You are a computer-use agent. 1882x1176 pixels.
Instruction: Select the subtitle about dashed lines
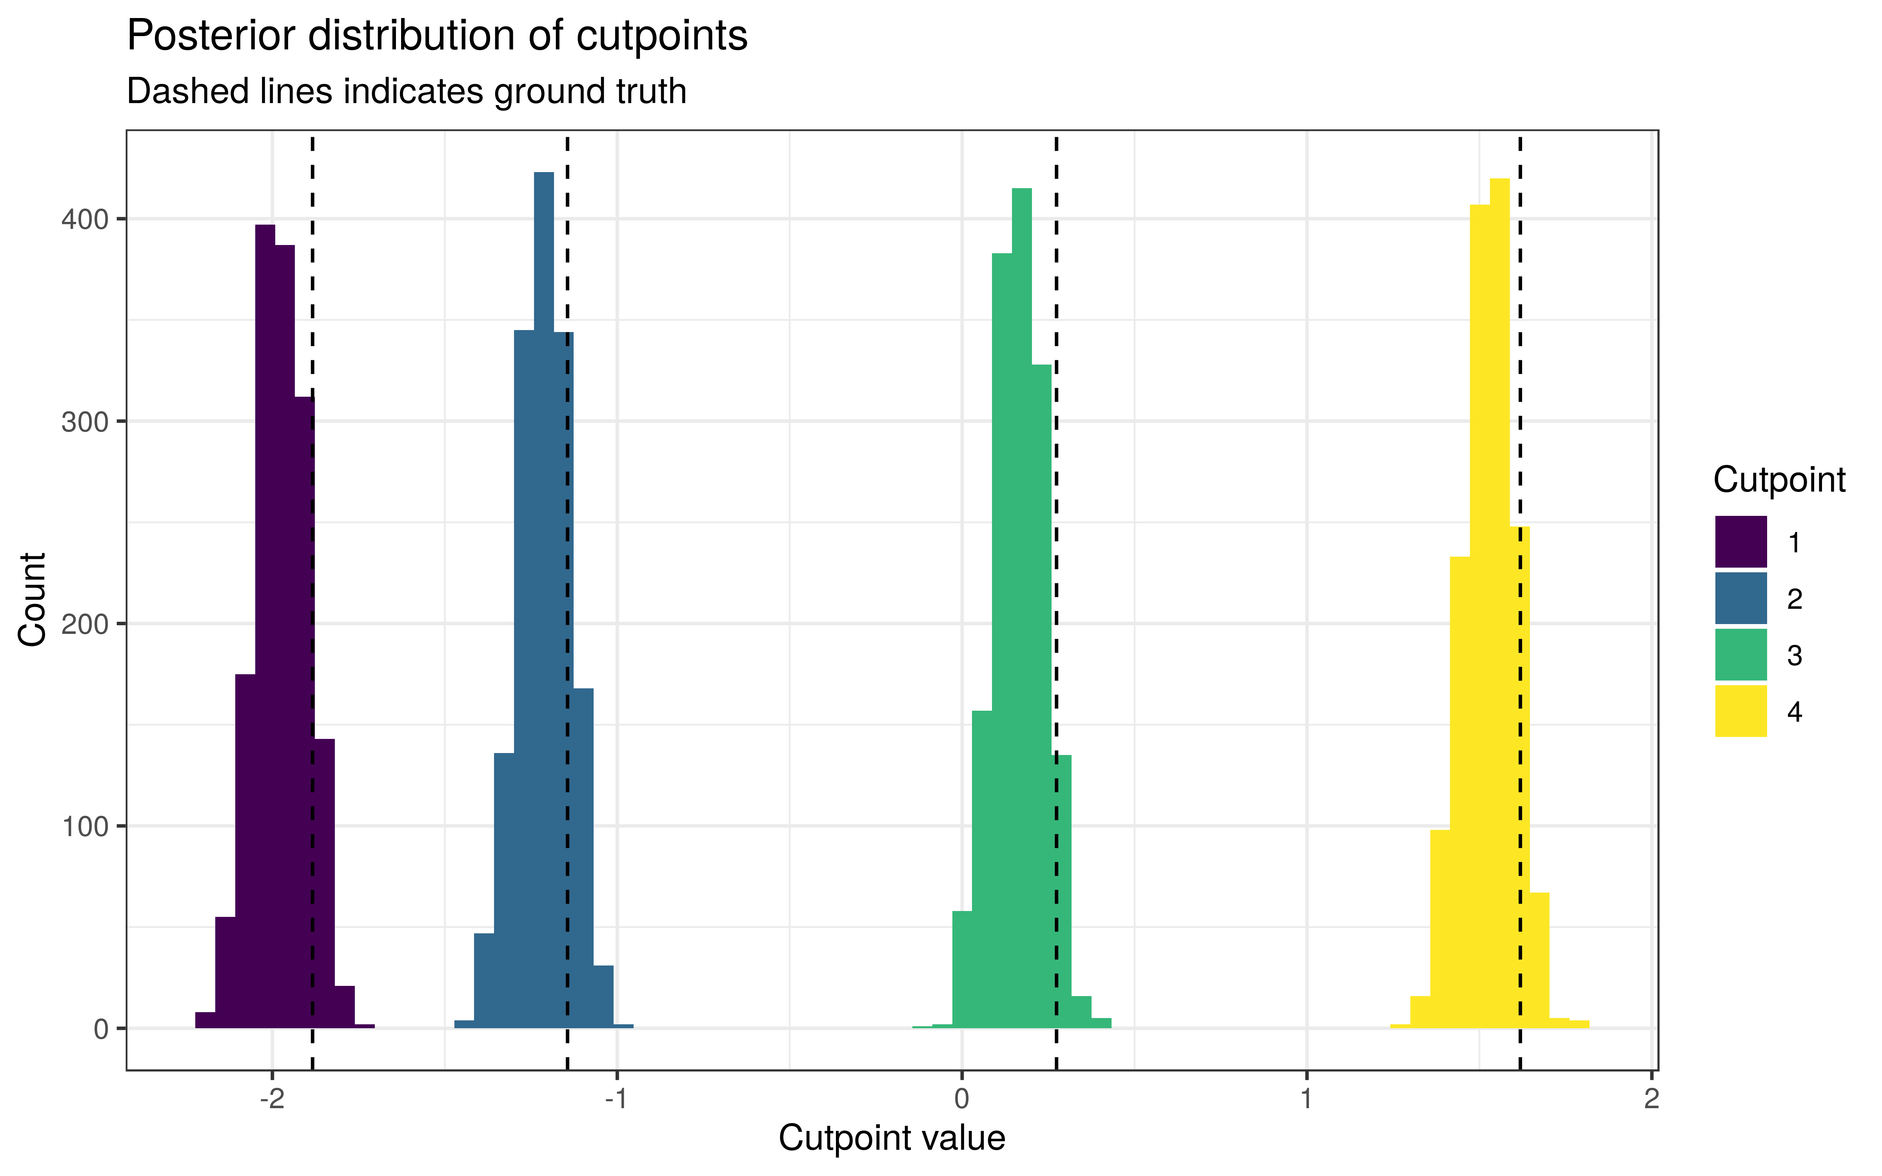tap(406, 92)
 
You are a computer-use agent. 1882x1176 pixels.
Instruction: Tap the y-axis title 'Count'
tap(33, 599)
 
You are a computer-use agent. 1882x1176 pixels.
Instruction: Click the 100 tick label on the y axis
tap(84, 827)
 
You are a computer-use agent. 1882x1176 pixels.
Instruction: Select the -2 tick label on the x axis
tap(271, 1099)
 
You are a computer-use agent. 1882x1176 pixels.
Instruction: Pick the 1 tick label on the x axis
tap(1306, 1099)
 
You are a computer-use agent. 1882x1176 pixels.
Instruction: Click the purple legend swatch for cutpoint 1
tap(1740, 542)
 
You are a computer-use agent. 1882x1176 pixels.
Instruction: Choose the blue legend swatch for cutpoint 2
tap(1740, 598)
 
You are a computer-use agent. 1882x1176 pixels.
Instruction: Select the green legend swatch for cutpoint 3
tap(1740, 655)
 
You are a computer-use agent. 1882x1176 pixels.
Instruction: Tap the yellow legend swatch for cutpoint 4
tap(1740, 711)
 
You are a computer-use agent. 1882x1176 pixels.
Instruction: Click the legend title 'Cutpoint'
tap(1778, 480)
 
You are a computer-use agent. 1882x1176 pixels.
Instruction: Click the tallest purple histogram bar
tap(265, 622)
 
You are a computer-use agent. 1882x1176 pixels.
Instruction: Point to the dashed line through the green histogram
tap(1056, 544)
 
